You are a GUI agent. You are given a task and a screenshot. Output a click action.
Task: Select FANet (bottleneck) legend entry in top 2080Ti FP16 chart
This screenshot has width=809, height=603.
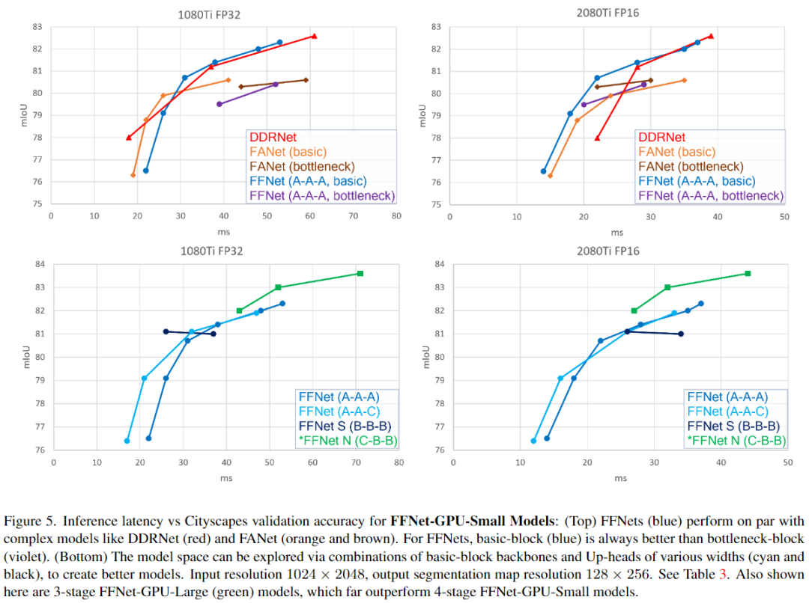pos(691,167)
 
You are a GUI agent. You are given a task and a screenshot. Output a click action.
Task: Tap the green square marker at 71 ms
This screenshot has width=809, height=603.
pos(360,273)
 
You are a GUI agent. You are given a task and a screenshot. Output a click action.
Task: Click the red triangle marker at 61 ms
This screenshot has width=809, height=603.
pos(314,36)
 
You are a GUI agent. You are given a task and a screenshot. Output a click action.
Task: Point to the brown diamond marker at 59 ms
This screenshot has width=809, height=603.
pos(306,80)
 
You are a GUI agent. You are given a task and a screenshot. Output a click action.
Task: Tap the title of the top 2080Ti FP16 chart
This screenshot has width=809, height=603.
pos(608,12)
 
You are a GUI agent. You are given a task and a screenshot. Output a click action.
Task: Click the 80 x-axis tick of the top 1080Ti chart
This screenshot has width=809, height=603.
pos(396,215)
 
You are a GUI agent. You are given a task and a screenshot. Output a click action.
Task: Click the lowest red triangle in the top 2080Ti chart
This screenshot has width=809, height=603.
pos(597,138)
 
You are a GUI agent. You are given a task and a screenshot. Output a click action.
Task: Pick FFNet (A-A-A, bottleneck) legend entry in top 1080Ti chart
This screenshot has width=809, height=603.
pos(321,196)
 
